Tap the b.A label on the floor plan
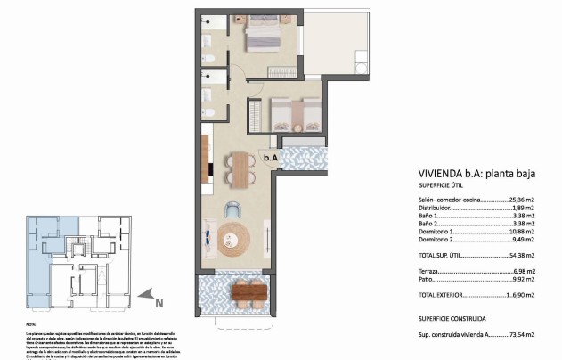pyautogui.click(x=271, y=158)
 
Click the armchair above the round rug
pyautogui.click(x=232, y=210)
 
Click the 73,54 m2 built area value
pyautogui.click(x=520, y=333)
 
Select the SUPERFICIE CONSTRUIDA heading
pyautogui.click(x=452, y=317)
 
